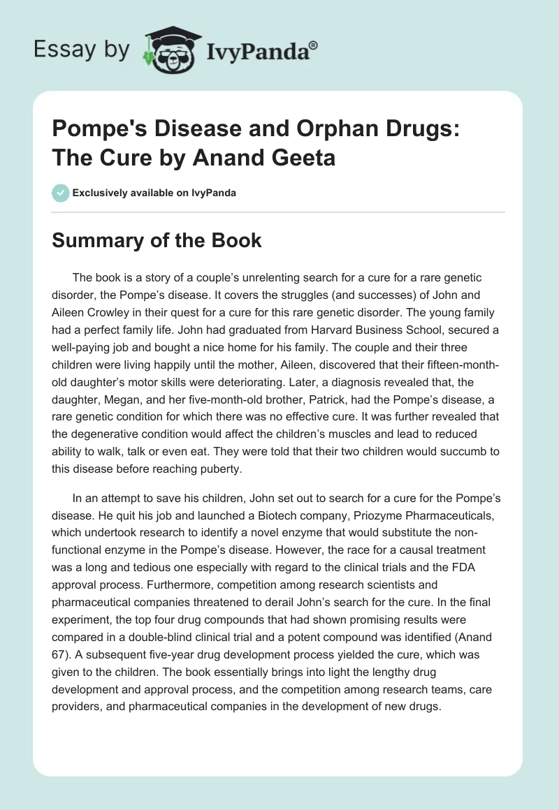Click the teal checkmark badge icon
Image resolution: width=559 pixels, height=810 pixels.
click(61, 192)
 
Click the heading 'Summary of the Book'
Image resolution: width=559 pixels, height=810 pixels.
click(157, 241)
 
